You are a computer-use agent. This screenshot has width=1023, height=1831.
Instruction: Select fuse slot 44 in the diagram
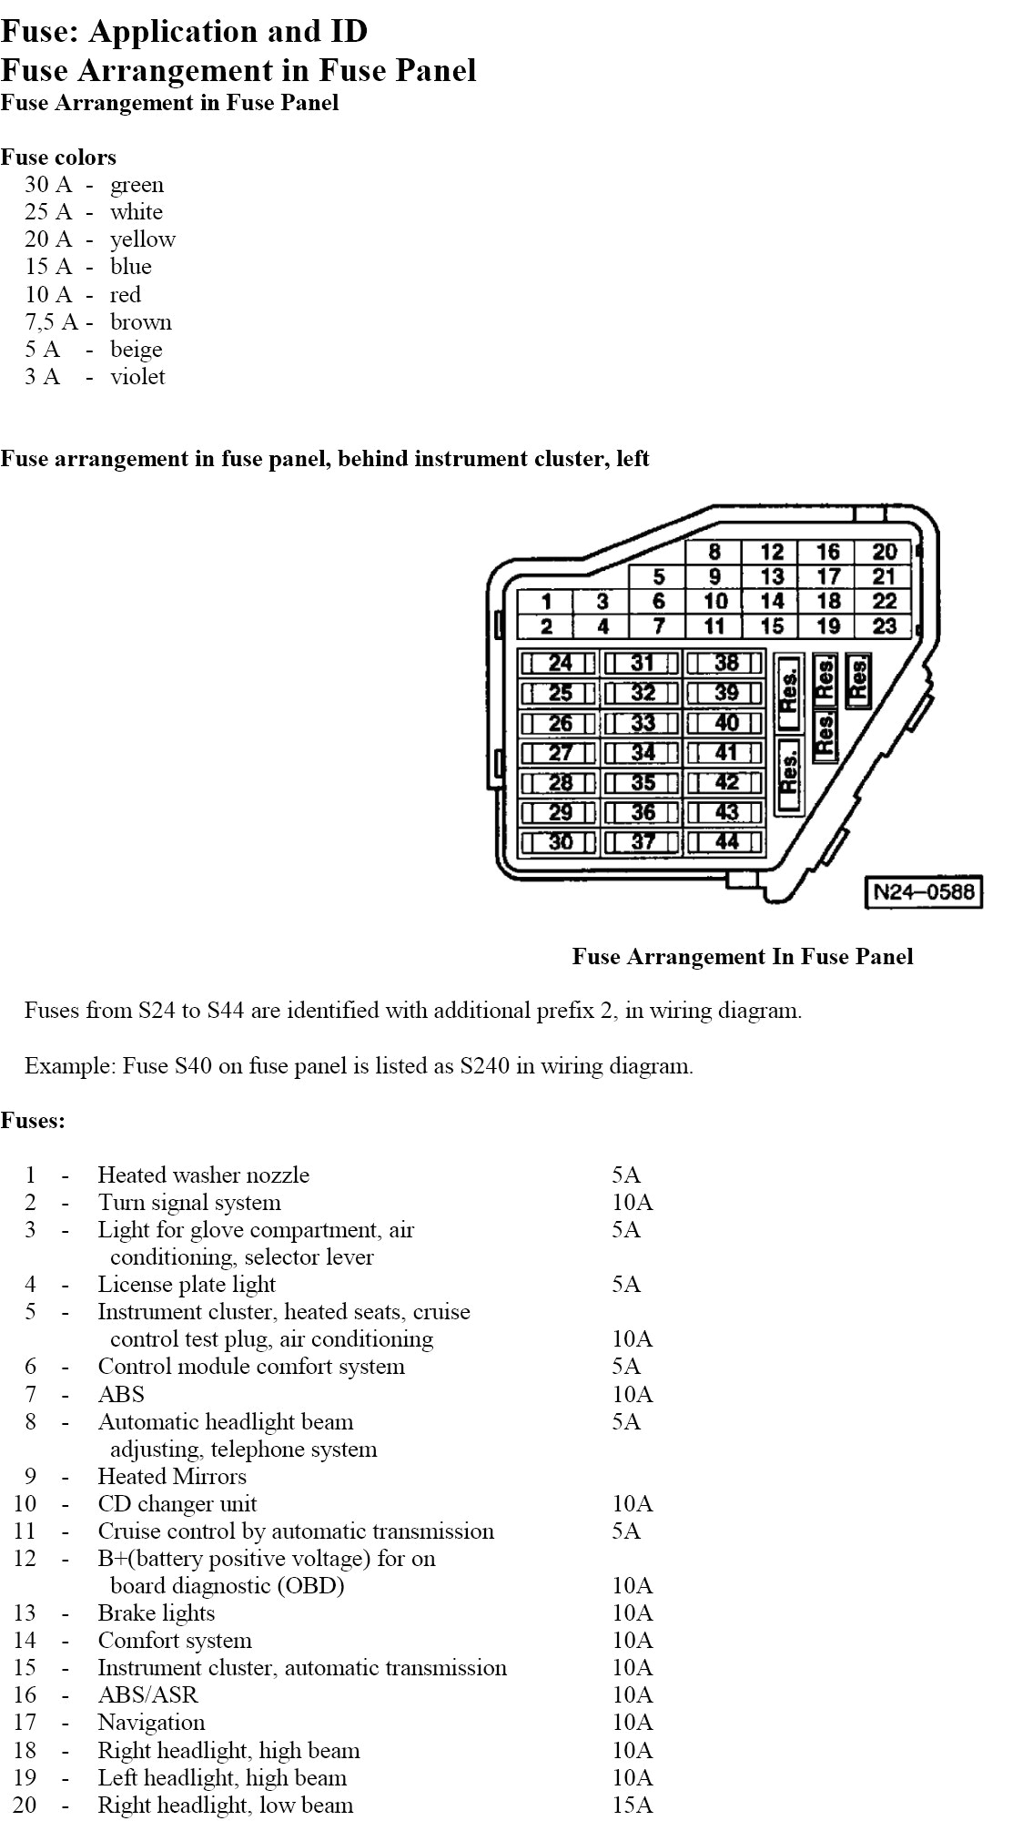point(725,841)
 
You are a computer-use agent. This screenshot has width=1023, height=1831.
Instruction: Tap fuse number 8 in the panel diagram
point(714,552)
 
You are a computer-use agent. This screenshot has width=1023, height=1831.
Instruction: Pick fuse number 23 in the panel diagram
point(884,626)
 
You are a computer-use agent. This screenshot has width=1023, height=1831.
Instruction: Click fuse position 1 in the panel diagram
point(546,602)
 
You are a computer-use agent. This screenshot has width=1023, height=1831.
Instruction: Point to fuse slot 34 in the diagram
point(643,752)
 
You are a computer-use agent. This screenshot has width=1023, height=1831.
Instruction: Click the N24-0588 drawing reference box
point(923,891)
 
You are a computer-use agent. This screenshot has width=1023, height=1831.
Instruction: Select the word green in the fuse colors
point(137,185)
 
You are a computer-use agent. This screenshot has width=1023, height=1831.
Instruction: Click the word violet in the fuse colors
point(137,377)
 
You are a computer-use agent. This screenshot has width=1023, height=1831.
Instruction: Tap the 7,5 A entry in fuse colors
point(51,322)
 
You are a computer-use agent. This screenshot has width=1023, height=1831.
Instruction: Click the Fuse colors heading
point(58,158)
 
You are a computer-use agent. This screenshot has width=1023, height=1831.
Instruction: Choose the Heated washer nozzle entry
point(203,1175)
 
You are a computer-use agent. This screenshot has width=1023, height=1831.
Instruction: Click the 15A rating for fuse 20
point(632,1805)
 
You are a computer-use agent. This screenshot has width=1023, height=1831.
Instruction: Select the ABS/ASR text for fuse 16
point(147,1694)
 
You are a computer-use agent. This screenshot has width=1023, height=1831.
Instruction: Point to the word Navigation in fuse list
point(151,1722)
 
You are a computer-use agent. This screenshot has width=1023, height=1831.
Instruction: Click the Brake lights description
point(157,1612)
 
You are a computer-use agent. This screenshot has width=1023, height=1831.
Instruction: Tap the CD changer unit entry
point(177,1503)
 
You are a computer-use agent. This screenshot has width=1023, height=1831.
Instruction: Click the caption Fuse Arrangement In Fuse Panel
point(742,957)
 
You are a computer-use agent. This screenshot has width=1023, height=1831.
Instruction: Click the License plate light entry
point(187,1285)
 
